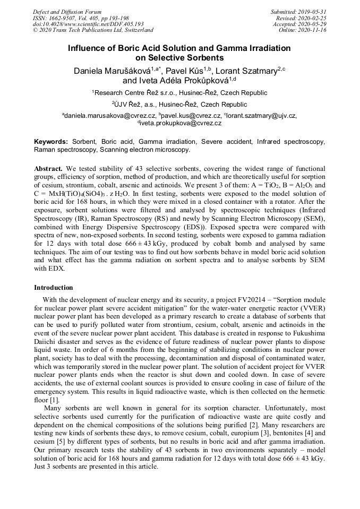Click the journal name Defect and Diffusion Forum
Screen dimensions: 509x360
(x=67, y=12)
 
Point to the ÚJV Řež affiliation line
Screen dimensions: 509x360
(x=179, y=105)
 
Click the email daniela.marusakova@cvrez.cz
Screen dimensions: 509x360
(x=110, y=116)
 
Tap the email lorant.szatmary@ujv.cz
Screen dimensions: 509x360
(x=261, y=116)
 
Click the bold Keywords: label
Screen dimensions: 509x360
(x=51, y=142)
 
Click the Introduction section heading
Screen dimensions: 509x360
(x=54, y=287)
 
